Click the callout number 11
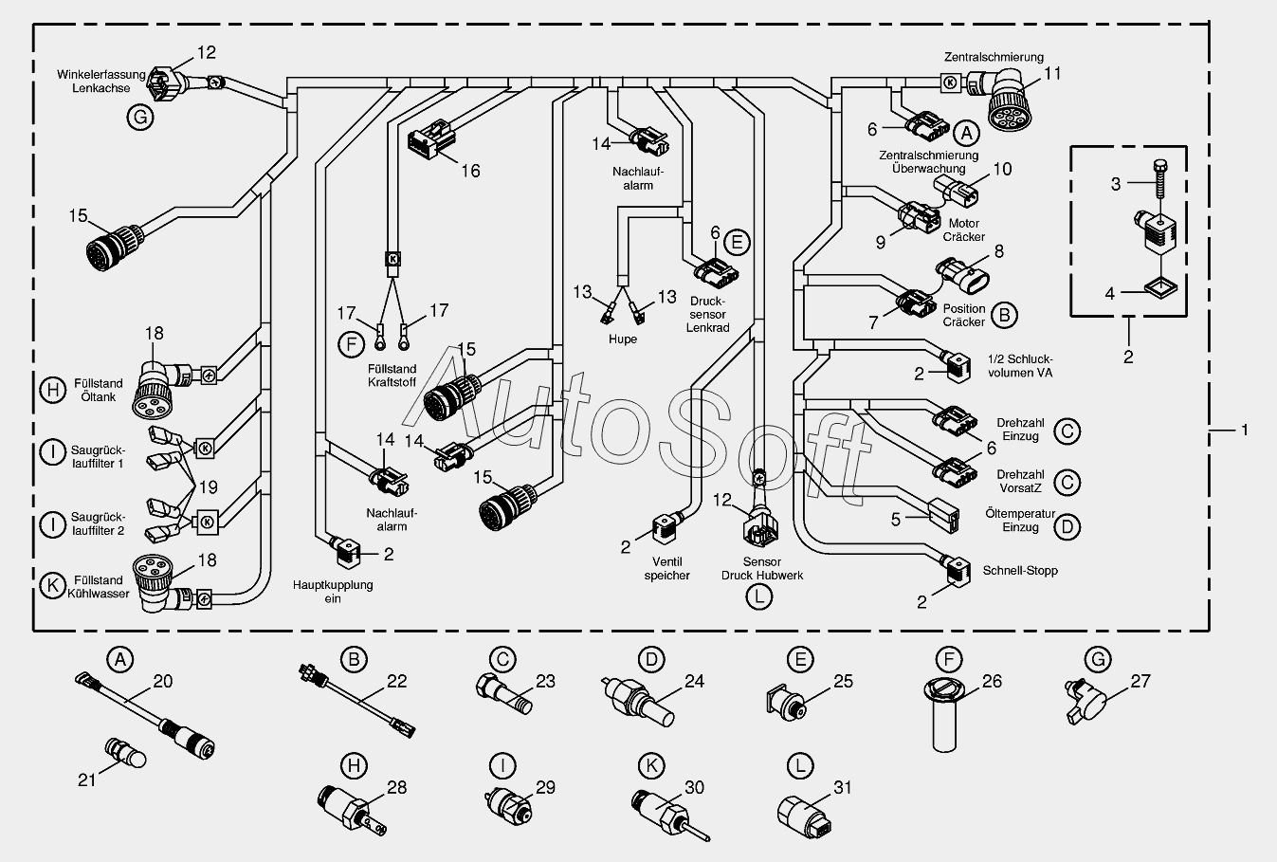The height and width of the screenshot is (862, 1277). [x=1052, y=74]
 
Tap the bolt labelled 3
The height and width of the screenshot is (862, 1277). [x=1159, y=179]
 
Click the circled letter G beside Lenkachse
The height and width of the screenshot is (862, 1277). [x=139, y=118]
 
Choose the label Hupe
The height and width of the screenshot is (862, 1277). [x=623, y=339]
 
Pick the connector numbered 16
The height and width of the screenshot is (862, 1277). [x=432, y=139]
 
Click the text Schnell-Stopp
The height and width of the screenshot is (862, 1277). [x=1020, y=571]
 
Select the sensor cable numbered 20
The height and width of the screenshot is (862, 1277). [x=145, y=715]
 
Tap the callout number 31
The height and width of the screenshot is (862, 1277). [x=843, y=787]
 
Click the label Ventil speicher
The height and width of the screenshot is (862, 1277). [x=667, y=569]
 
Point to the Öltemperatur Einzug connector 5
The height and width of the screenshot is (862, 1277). [x=943, y=515]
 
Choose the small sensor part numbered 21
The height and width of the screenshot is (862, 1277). [x=126, y=753]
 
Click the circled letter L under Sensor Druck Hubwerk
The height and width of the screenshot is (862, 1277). [x=758, y=596]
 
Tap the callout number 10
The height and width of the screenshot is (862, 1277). [x=1002, y=170]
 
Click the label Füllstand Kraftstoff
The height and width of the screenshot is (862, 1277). [x=392, y=376]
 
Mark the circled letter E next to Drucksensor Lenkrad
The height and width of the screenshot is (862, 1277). [x=737, y=243]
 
